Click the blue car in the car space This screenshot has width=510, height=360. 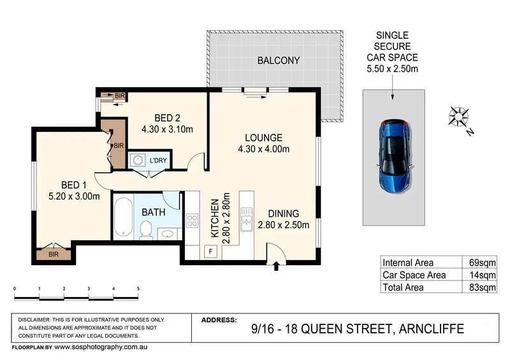coord(393,157)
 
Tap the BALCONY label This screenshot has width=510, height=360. coord(278,61)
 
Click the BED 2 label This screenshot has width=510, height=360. coord(166,118)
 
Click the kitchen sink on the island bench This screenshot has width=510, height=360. coord(245,218)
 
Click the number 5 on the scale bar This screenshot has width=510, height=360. coord(138,289)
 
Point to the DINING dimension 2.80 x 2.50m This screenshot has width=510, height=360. coord(284,224)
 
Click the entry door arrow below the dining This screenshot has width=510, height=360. coord(276,267)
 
